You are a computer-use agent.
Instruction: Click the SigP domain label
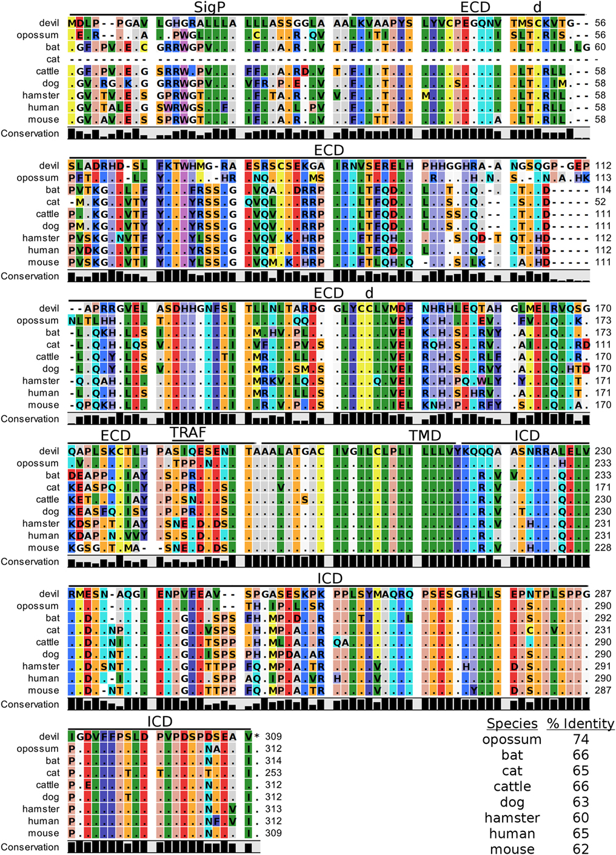click(209, 7)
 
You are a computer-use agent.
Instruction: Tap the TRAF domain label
click(188, 433)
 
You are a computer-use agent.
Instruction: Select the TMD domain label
click(424, 436)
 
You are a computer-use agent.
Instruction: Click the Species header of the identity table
click(512, 723)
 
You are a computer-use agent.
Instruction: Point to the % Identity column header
click(580, 723)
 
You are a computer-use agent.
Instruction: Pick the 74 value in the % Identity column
click(581, 739)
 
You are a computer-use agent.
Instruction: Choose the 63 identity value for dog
click(581, 802)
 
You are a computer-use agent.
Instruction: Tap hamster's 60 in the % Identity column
click(581, 818)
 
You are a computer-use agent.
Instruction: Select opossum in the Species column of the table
click(512, 739)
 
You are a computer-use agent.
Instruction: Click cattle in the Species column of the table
click(512, 786)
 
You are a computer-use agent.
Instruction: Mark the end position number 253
click(273, 773)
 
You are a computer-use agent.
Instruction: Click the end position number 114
click(603, 190)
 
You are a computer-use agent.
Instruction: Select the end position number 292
click(603, 618)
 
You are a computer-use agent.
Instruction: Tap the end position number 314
click(273, 760)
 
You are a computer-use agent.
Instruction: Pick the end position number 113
click(603, 178)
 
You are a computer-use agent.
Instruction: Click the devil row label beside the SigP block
click(49, 23)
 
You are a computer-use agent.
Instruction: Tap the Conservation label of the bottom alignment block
click(30, 847)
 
